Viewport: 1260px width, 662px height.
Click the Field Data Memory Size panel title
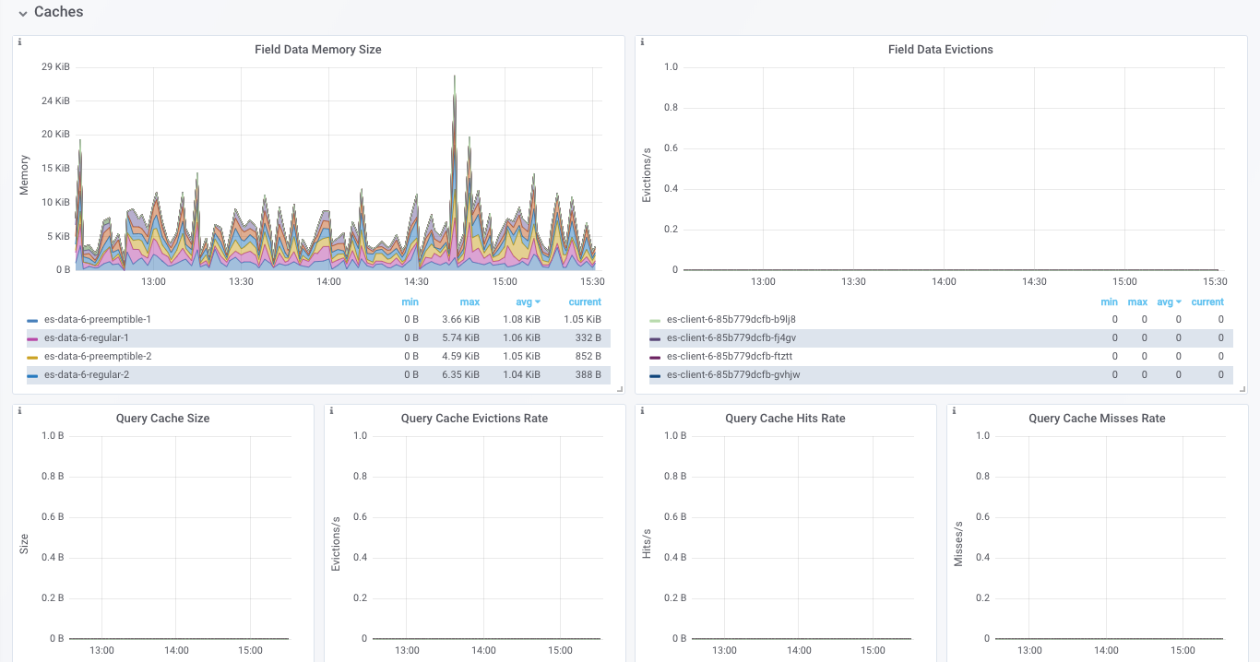[x=317, y=50]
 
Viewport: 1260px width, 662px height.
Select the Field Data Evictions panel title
[x=940, y=50]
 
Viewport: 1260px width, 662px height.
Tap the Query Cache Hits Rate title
[x=785, y=419]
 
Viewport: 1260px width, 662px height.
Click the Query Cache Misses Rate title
[x=1097, y=419]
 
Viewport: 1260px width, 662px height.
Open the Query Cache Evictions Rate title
[x=474, y=419]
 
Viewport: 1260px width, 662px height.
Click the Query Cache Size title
[x=162, y=419]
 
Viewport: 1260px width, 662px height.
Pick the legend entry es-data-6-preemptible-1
[x=97, y=319]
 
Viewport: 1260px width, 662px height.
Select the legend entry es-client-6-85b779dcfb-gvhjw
[x=732, y=375]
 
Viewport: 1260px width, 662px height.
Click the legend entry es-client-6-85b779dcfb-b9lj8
[x=731, y=319]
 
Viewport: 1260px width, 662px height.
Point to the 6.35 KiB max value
[x=460, y=375]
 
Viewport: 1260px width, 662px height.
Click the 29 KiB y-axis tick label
[x=55, y=67]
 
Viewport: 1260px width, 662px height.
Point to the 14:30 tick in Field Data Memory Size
[x=416, y=282]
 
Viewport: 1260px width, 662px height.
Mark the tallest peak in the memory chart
[x=455, y=77]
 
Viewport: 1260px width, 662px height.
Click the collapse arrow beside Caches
[x=22, y=13]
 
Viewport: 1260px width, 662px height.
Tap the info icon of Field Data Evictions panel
[x=642, y=42]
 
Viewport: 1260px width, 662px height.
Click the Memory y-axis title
[x=25, y=175]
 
